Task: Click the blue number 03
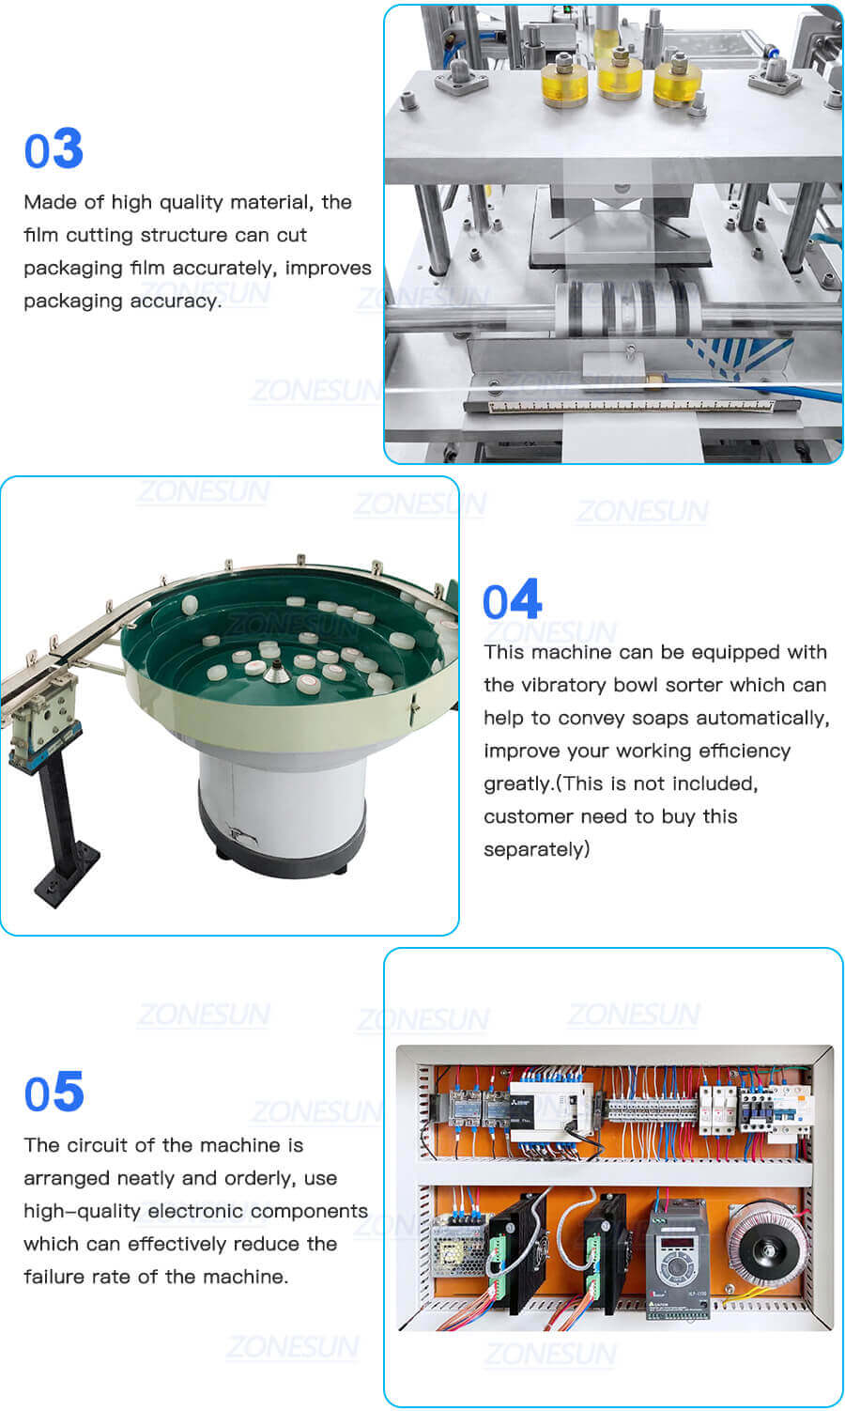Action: click(54, 150)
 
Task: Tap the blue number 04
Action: click(512, 600)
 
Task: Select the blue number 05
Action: click(54, 1093)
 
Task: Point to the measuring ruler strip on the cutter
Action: click(620, 406)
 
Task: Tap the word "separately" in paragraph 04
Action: click(536, 849)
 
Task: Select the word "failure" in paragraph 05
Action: click(53, 1277)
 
